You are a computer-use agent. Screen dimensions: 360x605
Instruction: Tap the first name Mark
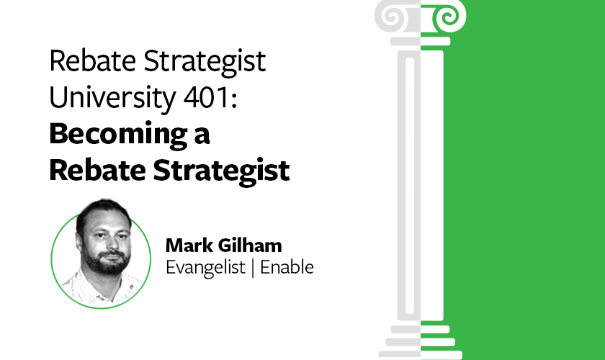coord(186,245)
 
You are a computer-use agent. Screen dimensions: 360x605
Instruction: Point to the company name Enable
coord(287,267)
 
